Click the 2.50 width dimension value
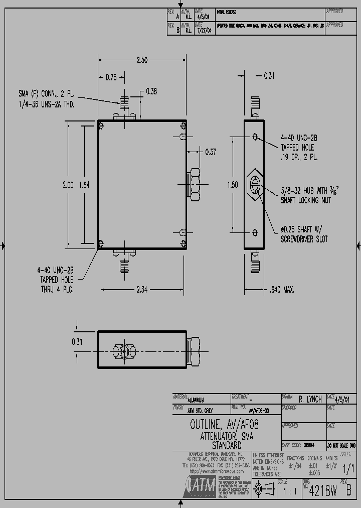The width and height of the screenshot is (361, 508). click(x=142, y=60)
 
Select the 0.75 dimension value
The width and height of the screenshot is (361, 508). click(x=111, y=77)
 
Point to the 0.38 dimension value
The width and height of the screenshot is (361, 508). click(x=151, y=91)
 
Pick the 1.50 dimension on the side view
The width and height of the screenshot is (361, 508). click(x=233, y=185)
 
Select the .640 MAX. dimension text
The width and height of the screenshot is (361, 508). click(x=282, y=290)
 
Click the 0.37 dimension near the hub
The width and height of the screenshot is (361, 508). click(x=210, y=152)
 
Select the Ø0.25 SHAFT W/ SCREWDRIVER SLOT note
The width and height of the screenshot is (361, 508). click(x=304, y=234)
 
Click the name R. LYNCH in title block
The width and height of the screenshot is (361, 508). click(x=310, y=400)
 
